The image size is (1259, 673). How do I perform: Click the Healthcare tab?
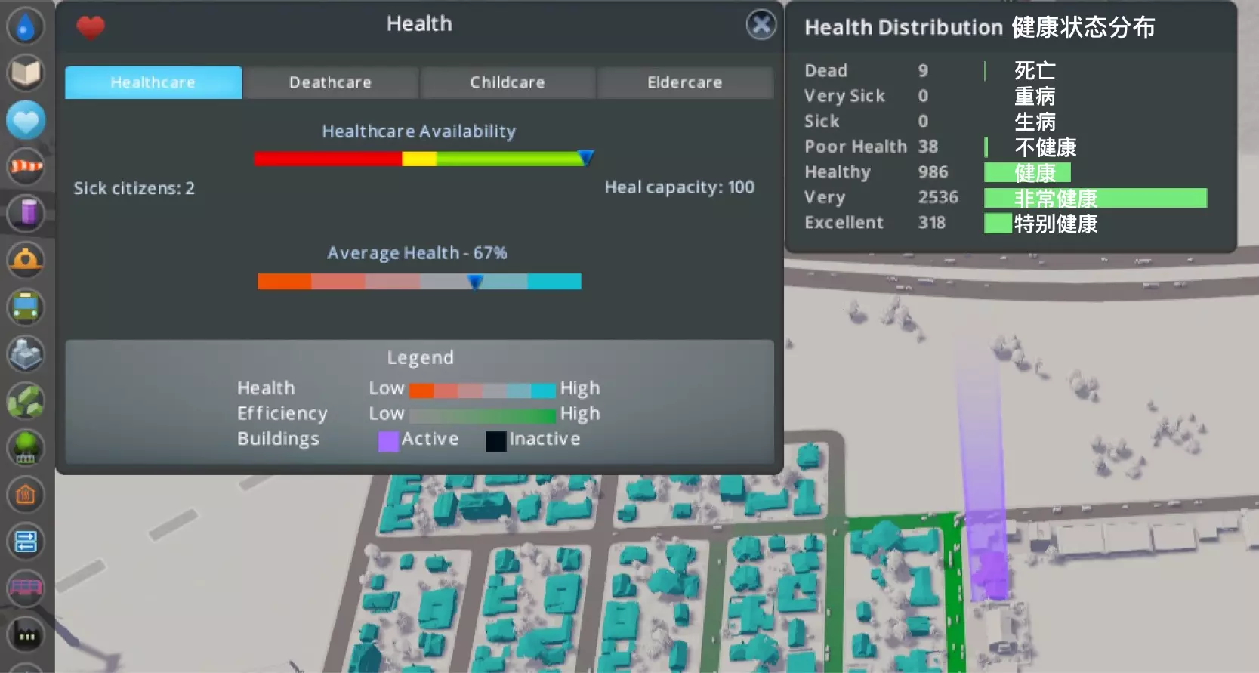[153, 82]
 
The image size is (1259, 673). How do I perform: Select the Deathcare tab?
[330, 82]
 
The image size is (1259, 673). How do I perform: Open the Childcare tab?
[508, 82]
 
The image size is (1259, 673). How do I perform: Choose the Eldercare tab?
[684, 82]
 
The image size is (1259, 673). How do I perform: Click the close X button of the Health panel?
[761, 25]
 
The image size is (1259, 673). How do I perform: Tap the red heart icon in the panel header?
[91, 28]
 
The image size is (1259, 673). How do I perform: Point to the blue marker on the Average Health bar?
[475, 282]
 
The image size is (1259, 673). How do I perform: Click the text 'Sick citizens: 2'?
[134, 188]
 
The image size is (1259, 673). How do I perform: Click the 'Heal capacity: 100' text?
[679, 187]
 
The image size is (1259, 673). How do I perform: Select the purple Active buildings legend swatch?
[388, 441]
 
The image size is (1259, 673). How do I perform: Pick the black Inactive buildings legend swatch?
[495, 441]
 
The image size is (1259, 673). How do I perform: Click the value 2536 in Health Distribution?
[938, 197]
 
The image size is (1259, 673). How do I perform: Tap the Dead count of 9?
[923, 71]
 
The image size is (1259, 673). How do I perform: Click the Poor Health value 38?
[928, 147]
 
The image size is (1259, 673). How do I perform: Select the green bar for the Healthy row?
[1027, 173]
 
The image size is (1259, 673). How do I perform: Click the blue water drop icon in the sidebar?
[26, 26]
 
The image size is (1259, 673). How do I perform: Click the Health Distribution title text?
[903, 28]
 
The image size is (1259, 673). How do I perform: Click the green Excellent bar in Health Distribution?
[998, 224]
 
